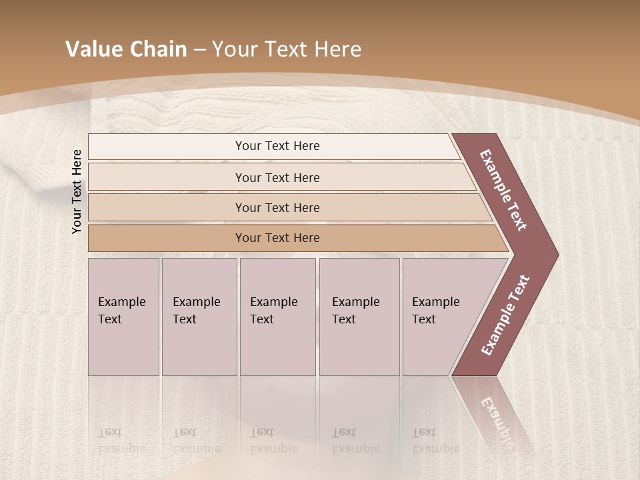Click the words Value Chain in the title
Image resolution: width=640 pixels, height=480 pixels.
click(126, 49)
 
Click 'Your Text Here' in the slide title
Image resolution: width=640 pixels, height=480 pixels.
click(287, 49)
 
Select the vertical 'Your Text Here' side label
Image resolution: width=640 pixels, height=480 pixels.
click(77, 191)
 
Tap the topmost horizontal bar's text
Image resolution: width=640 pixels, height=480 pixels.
click(277, 146)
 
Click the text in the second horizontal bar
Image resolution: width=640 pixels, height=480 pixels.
click(277, 178)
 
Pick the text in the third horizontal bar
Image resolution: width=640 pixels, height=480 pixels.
click(277, 208)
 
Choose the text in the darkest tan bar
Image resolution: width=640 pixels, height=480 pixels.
click(277, 238)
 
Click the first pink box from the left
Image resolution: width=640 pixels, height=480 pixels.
click(123, 317)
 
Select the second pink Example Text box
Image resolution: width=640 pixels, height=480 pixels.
click(199, 317)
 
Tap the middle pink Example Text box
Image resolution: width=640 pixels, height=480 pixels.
click(277, 317)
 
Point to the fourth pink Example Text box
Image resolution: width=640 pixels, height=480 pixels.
click(359, 317)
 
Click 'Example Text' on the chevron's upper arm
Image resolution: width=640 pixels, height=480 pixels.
click(503, 190)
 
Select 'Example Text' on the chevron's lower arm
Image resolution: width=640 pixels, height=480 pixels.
click(505, 315)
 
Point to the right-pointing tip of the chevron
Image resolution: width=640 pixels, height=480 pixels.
click(555, 255)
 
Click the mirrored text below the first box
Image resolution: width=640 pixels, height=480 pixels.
click(121, 441)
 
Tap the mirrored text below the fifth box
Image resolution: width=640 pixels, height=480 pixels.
click(435, 441)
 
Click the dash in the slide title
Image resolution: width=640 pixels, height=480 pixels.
click(199, 50)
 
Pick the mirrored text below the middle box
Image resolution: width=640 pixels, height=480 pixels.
click(273, 441)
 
